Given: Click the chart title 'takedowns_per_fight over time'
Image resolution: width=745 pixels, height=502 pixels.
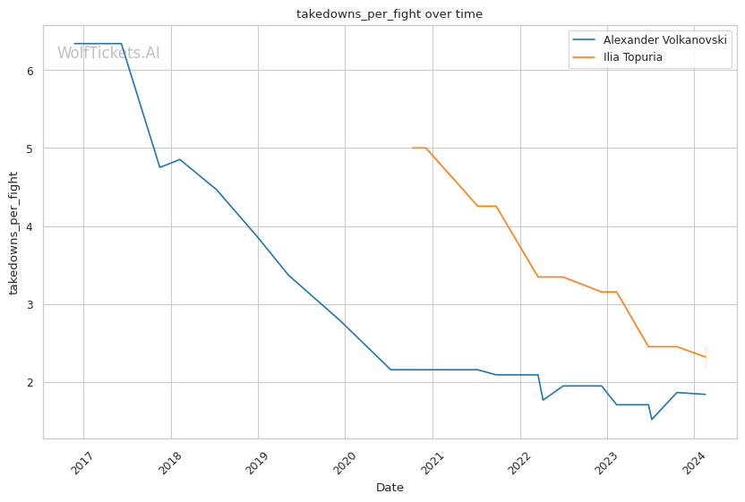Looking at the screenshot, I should (x=390, y=13).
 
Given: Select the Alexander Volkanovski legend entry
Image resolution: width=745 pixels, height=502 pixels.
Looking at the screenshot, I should (x=665, y=40).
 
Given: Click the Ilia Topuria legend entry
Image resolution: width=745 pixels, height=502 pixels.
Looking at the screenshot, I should (x=633, y=57).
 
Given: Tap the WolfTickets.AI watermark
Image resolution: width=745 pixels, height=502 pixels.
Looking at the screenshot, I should (x=108, y=53).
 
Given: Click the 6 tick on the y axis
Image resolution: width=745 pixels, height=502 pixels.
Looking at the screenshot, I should (x=31, y=71).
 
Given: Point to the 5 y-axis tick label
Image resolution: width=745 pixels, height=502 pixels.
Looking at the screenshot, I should (x=31, y=149).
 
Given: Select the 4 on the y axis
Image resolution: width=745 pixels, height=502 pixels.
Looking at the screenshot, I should (x=31, y=226).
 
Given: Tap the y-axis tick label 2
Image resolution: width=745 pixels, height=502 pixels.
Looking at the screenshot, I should (x=31, y=383).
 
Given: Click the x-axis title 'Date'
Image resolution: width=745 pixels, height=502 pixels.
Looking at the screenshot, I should (x=390, y=488).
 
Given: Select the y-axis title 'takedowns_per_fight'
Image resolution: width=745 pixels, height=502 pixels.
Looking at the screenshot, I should (x=13, y=232).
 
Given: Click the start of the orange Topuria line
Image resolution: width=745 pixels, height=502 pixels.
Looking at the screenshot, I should (x=412, y=148).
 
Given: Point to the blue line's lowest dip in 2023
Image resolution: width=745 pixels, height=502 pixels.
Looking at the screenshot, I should (x=652, y=419).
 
